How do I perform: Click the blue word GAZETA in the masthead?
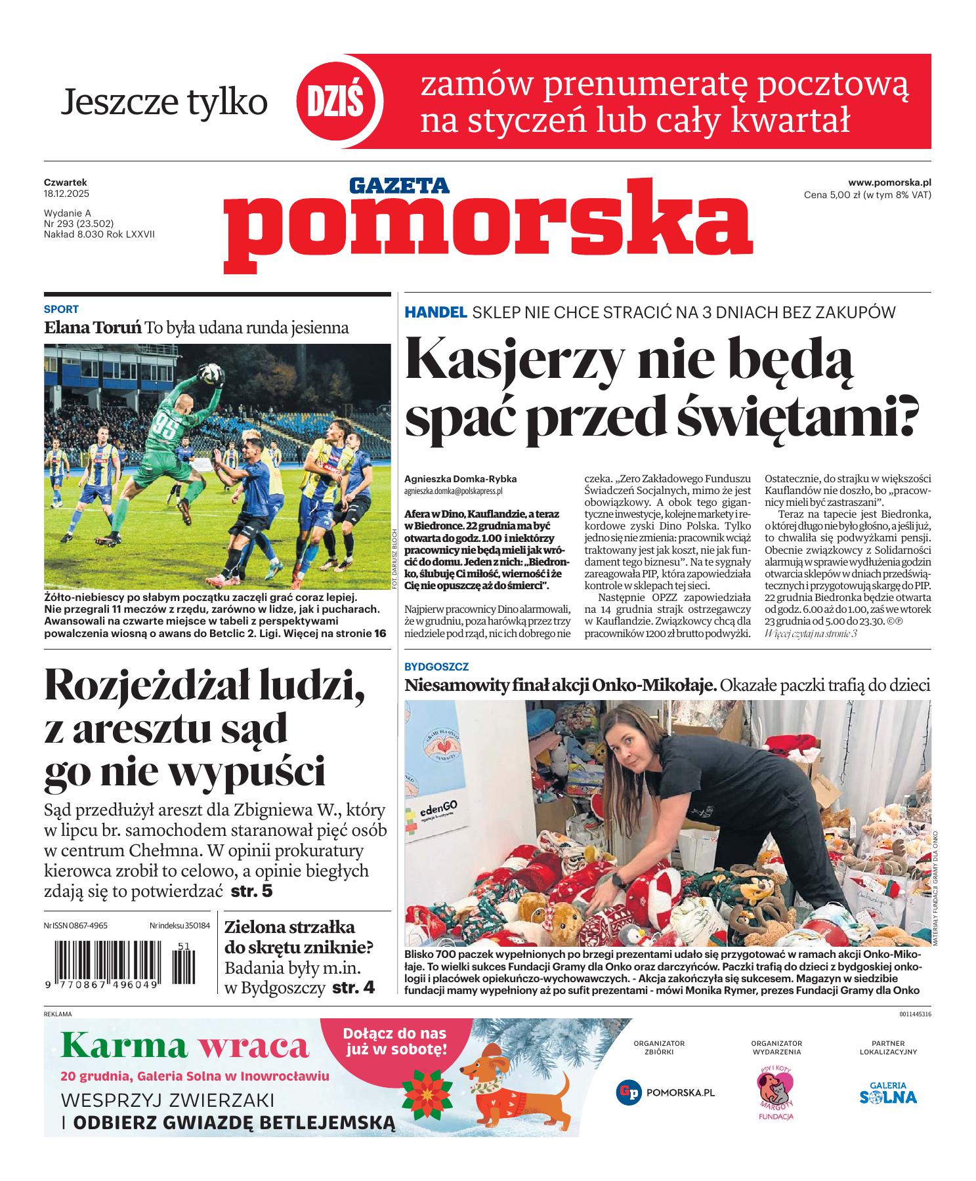click(399, 186)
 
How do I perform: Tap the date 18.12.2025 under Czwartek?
click(66, 194)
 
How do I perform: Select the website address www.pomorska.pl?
click(889, 182)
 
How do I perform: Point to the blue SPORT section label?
click(61, 309)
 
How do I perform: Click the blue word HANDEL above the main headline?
click(435, 312)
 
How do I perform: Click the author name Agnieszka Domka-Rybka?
click(460, 479)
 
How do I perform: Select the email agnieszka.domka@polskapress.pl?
click(453, 490)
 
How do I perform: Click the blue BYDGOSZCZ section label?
click(436, 667)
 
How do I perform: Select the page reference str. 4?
click(353, 987)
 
